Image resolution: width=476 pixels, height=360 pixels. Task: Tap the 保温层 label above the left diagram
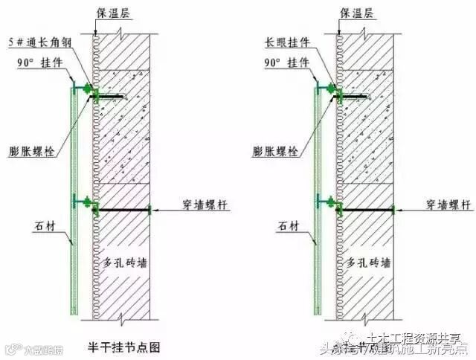pyautogui.click(x=112, y=12)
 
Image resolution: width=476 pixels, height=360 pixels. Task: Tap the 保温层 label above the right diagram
pyautogui.click(x=356, y=12)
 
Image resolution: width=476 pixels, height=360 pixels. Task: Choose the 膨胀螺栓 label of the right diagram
pyautogui.click(x=273, y=150)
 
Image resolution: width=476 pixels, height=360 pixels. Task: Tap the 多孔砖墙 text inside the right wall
pyautogui.click(x=367, y=264)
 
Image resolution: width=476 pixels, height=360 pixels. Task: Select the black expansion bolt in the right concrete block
pyautogui.click(x=356, y=96)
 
